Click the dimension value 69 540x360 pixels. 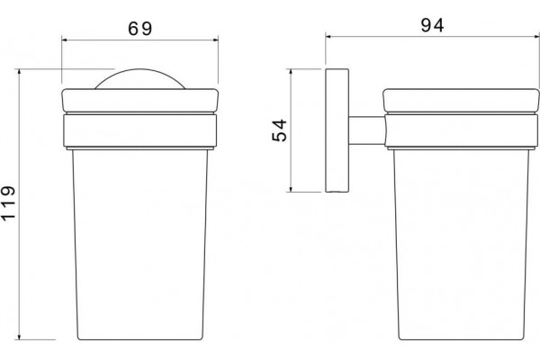tap(139, 29)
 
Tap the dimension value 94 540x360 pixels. tap(433, 25)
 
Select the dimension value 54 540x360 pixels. tap(279, 130)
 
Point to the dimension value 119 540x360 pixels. tap(8, 202)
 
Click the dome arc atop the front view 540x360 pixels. tap(139, 69)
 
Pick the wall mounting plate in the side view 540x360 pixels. tap(337, 130)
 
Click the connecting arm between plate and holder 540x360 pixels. tap(367, 130)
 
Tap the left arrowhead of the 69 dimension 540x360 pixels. tap(65, 40)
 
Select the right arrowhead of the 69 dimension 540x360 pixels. tap(216, 40)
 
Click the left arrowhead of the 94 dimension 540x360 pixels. tap(328, 36)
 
